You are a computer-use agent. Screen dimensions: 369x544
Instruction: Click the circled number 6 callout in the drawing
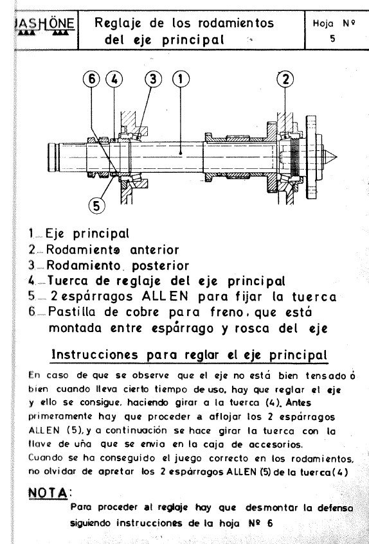[93, 80]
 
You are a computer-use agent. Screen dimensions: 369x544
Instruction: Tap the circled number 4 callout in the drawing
[114, 80]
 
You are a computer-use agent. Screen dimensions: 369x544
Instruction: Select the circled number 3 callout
[152, 80]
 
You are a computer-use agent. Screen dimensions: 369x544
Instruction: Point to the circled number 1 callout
[181, 80]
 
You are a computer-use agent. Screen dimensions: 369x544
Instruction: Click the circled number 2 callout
[285, 80]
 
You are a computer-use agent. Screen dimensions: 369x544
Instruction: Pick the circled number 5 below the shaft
[96, 206]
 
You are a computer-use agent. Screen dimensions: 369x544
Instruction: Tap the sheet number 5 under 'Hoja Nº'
[332, 39]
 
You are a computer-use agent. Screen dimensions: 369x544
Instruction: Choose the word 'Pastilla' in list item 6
[76, 313]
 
